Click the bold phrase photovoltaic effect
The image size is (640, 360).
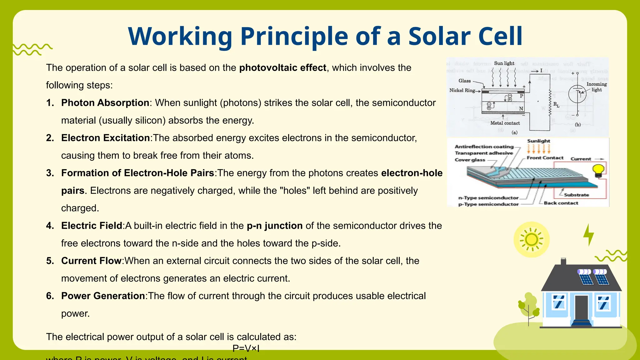282,68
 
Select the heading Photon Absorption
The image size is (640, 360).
105,103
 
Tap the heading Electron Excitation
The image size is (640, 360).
105,138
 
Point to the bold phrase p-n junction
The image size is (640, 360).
274,226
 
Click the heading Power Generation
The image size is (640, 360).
103,296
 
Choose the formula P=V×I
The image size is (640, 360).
246,348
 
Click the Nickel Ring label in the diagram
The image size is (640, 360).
462,90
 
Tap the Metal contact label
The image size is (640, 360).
505,123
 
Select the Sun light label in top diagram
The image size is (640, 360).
504,63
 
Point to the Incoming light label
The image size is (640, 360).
597,87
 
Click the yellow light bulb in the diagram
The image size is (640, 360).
598,171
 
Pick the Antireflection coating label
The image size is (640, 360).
484,147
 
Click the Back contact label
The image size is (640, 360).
561,203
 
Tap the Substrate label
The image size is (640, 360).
576,195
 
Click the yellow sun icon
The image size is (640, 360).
531,240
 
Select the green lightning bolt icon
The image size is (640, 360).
589,235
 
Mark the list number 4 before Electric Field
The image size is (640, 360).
50,226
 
